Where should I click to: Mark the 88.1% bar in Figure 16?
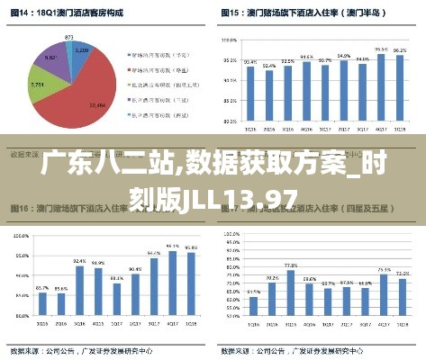(117, 306)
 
